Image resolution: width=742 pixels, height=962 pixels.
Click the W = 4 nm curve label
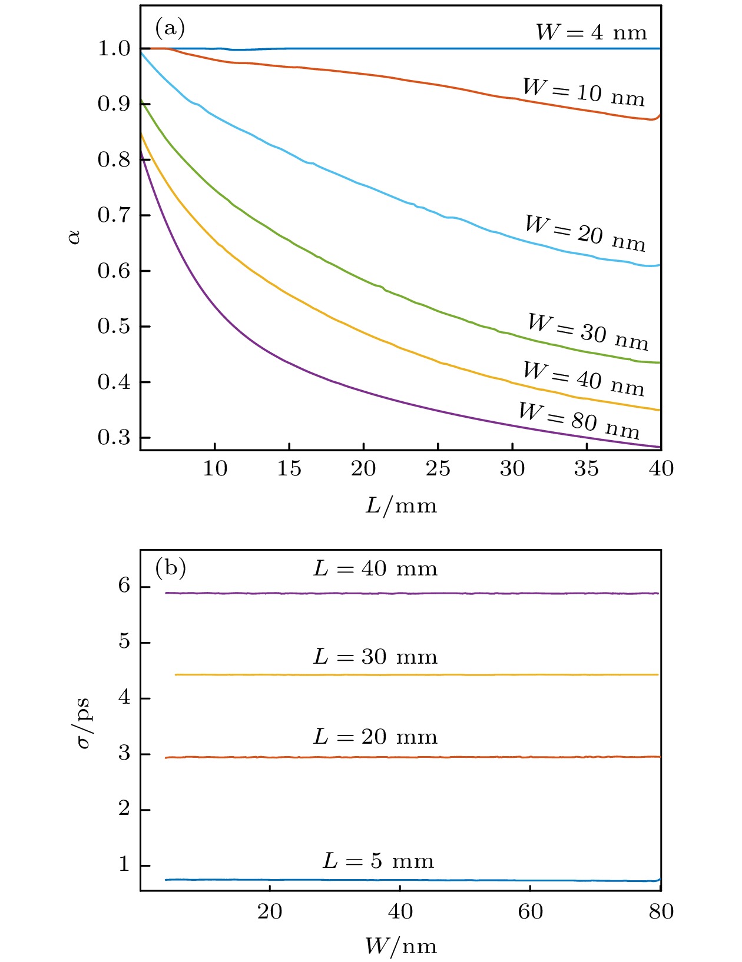coord(591,32)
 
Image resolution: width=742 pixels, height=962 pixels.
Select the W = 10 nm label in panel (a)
coord(584,92)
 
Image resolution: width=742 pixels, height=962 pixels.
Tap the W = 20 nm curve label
coord(585,233)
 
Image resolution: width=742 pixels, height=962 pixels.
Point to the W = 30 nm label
coord(588,331)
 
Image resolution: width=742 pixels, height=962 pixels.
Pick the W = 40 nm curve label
coord(584,378)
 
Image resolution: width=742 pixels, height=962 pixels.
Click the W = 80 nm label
coord(579,420)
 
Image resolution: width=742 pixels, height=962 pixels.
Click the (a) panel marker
coord(170,28)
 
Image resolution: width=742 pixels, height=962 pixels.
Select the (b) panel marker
coord(170,568)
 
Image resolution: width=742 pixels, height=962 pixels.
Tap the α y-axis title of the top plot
coord(75,237)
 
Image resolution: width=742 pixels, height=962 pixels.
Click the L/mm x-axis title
coord(401,505)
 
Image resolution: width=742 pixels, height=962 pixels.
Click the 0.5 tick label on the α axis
coord(114,326)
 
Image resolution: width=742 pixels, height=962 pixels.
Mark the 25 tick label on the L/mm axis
coord(438,468)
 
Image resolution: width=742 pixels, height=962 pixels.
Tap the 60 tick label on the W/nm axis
coord(531,911)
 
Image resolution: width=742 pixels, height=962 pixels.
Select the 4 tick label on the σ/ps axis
coord(124,698)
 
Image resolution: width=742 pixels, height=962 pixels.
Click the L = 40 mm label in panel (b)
coord(375,568)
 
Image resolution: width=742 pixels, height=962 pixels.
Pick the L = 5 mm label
coord(378,861)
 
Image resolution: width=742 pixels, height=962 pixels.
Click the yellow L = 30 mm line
coord(412,675)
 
